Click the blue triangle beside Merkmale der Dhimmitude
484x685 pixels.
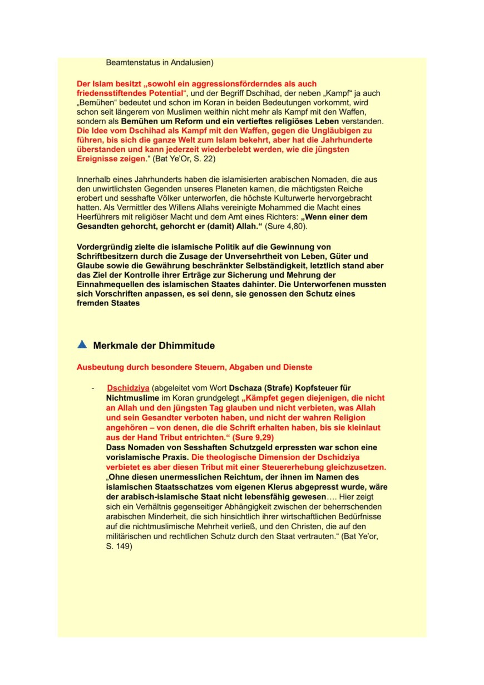tap(82, 344)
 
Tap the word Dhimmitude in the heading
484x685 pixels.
tap(186, 346)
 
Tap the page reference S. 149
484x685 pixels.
tap(119, 546)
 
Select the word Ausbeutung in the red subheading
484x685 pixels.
tap(98, 367)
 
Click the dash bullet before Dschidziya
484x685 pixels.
tap(93, 388)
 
